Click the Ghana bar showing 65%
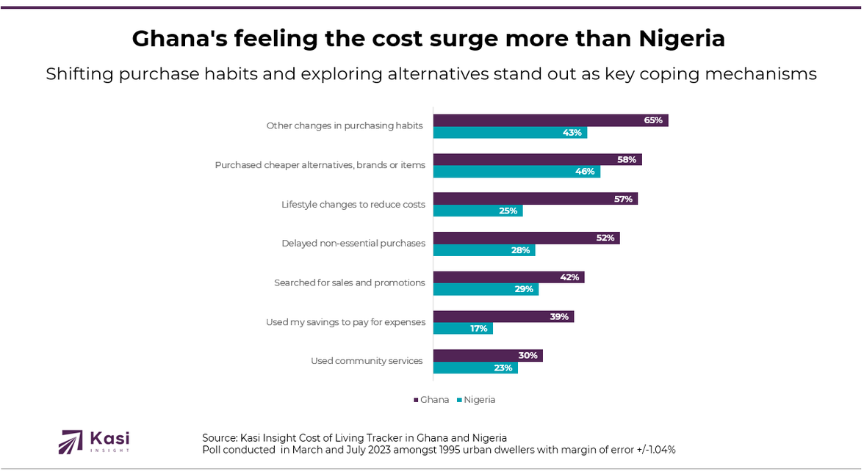tap(550, 120)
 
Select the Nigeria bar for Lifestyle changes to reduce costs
tap(478, 211)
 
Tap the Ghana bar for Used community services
tap(488, 356)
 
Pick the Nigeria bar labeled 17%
tap(463, 329)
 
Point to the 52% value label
tap(605, 238)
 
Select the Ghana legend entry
tap(431, 400)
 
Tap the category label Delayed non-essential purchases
tap(353, 244)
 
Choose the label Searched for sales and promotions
tap(350, 282)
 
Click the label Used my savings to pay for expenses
tap(345, 322)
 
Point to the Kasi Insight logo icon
tap(71, 442)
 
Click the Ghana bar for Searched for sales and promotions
tap(508, 277)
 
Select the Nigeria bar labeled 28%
tap(484, 250)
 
